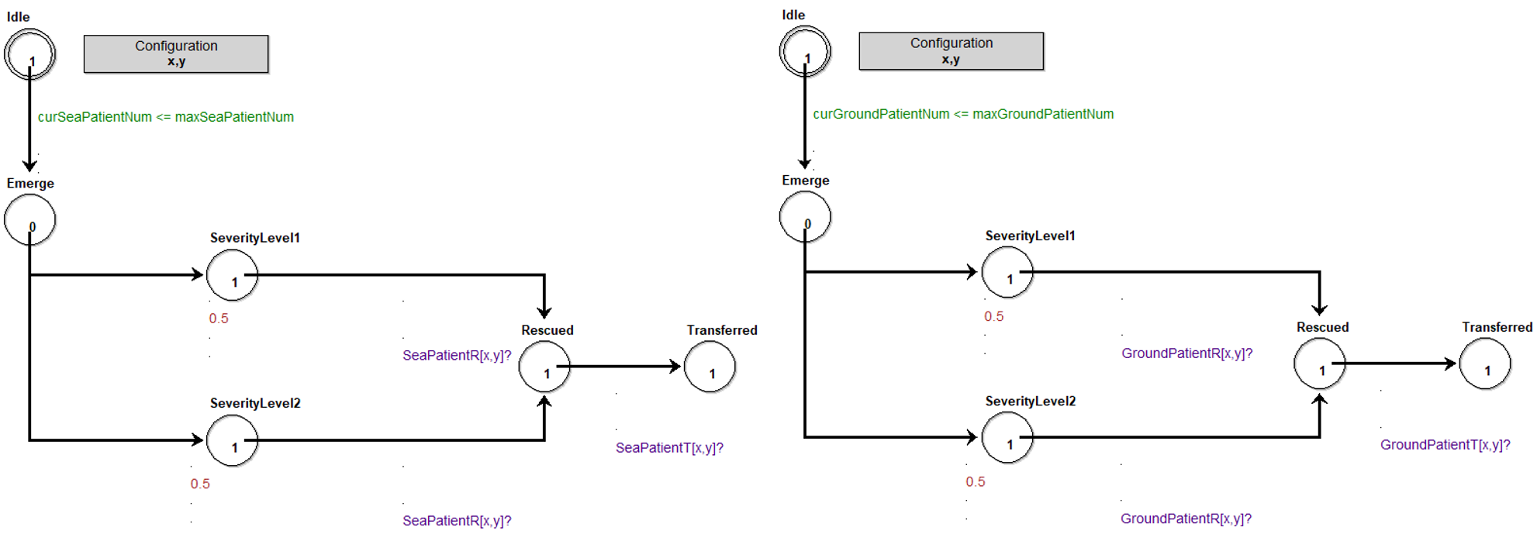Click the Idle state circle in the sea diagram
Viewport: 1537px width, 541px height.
[29, 54]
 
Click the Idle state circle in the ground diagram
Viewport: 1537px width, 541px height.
[805, 51]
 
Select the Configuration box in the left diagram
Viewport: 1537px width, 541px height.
[176, 53]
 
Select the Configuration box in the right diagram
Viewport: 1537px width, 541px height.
[951, 50]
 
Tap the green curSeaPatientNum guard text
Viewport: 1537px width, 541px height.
[165, 117]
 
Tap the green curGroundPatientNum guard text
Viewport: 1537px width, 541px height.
[962, 114]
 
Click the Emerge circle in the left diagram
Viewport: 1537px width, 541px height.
[29, 219]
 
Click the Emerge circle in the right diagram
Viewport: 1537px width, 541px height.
[805, 216]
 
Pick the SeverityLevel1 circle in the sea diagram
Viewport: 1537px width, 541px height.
[232, 275]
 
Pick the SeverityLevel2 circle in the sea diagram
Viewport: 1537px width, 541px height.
[232, 440]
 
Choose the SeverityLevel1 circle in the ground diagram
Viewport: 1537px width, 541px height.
[1007, 272]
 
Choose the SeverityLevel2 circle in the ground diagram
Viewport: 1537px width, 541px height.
[1007, 437]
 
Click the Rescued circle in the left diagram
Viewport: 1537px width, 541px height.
[544, 367]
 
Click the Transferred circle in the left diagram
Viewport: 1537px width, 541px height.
[710, 367]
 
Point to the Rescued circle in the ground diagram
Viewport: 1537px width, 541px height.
[1319, 364]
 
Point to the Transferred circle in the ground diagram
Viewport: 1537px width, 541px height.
[1484, 364]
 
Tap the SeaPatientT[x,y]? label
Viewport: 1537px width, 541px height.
[669, 448]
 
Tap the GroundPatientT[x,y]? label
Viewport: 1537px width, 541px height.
[1445, 445]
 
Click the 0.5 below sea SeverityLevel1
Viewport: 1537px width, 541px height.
[219, 319]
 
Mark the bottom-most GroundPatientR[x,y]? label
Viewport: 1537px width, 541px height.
[1186, 519]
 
